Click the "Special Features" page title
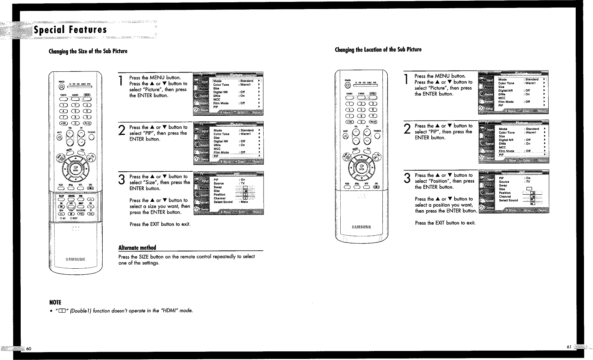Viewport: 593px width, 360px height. pos(70,30)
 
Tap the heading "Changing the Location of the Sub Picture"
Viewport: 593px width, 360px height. pos(378,50)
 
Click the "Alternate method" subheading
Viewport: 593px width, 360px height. pos(137,248)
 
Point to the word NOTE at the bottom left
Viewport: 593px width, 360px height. pos(55,303)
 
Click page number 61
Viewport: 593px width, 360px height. pos(568,346)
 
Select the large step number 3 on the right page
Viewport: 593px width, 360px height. pos(406,178)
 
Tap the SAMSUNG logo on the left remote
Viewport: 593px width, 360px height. pos(75,259)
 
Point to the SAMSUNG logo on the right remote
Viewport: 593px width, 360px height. pos(361,227)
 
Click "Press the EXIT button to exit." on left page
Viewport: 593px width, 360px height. pos(160,224)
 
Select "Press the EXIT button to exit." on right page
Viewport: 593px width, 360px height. pos(445,223)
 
